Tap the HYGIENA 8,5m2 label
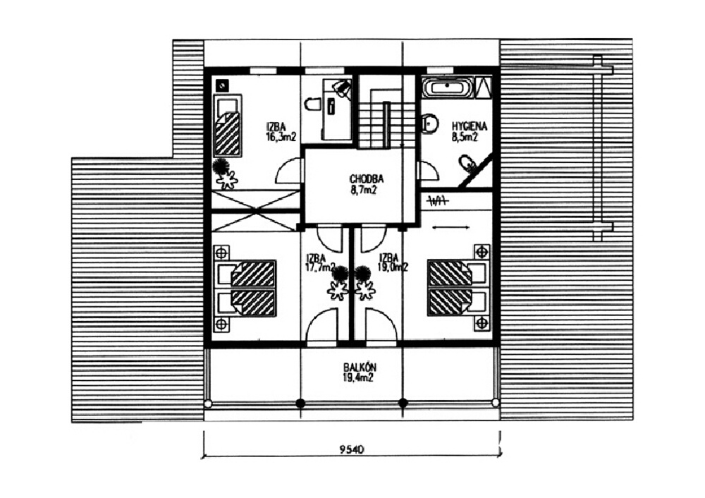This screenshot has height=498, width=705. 465,132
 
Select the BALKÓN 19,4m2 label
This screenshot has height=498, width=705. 360,372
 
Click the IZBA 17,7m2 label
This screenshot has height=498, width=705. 319,262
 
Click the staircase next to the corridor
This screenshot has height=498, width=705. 385,118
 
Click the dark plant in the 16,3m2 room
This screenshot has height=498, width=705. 223,168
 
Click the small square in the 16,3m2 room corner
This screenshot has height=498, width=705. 222,85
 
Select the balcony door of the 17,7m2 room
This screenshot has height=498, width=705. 323,326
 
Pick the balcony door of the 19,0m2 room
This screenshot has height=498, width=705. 381,326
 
